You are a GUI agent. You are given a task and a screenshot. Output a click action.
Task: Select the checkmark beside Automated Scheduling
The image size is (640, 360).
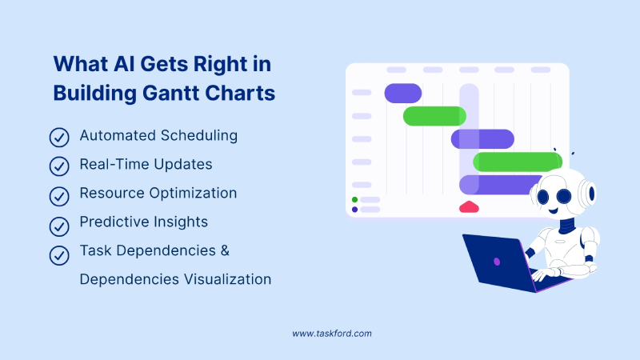59,137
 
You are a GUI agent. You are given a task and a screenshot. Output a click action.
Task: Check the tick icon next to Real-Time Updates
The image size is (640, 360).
59,166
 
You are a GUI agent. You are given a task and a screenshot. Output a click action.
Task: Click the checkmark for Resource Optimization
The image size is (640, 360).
59,194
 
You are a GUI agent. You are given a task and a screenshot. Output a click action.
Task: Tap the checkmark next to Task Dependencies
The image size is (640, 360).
59,254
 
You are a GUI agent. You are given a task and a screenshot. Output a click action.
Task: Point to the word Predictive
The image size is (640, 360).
114,222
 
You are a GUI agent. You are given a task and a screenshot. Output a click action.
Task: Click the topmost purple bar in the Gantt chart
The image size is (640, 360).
403,94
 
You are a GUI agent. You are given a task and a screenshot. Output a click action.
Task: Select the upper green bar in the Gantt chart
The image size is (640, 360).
434,116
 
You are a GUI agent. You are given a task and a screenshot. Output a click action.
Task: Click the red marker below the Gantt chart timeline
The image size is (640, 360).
469,207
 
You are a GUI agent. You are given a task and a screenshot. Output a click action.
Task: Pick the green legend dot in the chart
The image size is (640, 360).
354,199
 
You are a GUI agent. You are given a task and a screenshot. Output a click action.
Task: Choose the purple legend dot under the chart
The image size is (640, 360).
354,210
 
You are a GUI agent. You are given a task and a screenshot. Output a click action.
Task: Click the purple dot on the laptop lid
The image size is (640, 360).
497,261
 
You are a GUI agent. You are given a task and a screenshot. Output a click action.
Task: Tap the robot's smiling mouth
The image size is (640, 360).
553,211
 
